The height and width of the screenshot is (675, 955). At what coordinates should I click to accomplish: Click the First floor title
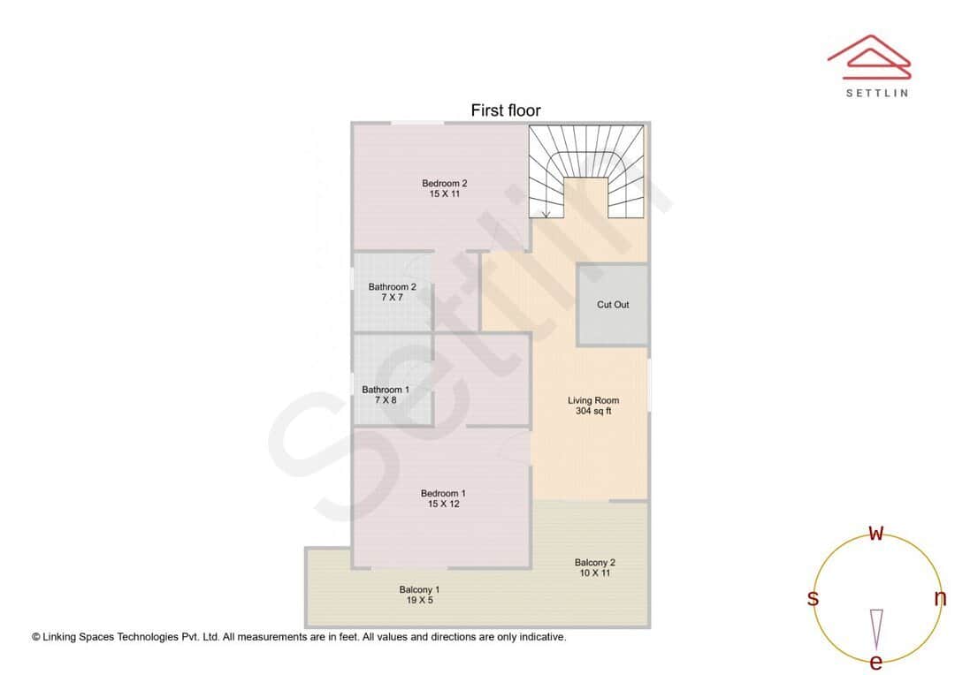pos(505,110)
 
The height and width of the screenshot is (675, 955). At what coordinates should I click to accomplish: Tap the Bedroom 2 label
pos(444,184)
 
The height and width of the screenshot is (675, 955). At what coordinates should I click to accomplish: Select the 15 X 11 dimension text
pos(444,194)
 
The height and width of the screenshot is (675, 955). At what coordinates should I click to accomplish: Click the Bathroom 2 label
pos(392,287)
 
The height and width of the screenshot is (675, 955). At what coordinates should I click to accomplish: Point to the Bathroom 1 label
pos(386,390)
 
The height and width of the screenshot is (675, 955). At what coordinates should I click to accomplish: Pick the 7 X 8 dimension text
pos(386,400)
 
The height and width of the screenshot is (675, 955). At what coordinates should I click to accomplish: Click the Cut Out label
pos(613,305)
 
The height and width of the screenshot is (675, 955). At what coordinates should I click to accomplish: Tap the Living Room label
pos(593,401)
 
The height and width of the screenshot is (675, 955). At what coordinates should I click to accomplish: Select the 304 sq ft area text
pos(593,412)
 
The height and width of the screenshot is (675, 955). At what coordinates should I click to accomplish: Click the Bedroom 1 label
pos(443,494)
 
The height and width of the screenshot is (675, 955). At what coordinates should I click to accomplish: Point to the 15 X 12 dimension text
pos(443,504)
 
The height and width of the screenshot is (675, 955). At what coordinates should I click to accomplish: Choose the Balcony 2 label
pos(594,563)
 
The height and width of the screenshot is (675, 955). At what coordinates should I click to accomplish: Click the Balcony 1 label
pos(419,589)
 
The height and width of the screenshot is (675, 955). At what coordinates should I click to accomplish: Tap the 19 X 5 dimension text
pos(419,601)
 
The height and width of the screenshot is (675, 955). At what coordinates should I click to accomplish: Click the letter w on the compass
pos(876,534)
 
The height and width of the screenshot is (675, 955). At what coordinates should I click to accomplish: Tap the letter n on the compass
pos(940,598)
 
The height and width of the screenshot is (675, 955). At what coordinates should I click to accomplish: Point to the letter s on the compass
pos(813,598)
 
